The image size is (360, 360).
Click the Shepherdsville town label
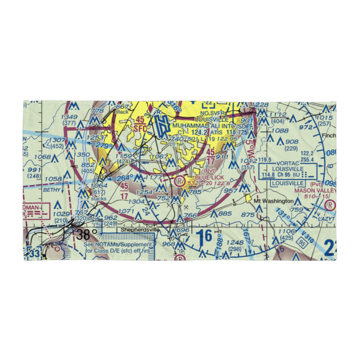pyautogui.click(x=140, y=229)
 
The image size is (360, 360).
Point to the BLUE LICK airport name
pyautogui.click(x=210, y=177)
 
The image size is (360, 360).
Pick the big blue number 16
pyautogui.click(x=204, y=238)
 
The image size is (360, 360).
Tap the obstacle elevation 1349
pyautogui.click(x=69, y=117)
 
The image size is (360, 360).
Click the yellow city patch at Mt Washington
pyautogui.click(x=248, y=198)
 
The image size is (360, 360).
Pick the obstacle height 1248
pyautogui.click(x=235, y=242)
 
